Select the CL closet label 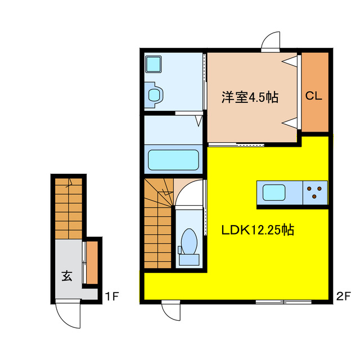[x=313, y=96]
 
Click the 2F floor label [x=343, y=295]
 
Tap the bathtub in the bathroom [x=174, y=160]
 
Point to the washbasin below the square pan [x=154, y=94]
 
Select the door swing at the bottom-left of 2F [x=171, y=311]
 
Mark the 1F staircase [x=69, y=207]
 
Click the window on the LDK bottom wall [x=283, y=302]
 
